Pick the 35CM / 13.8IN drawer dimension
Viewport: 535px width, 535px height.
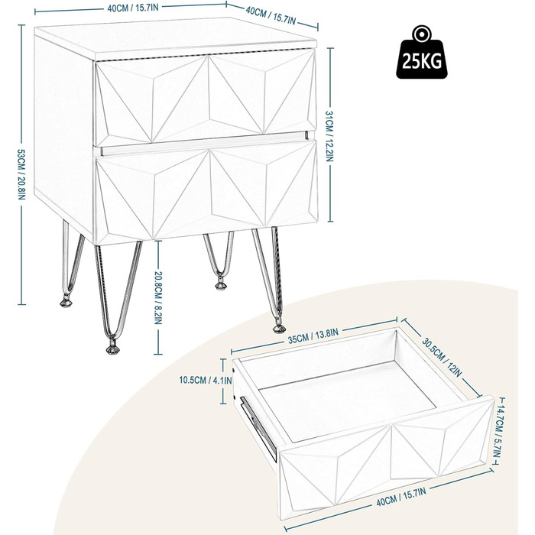pos(313,336)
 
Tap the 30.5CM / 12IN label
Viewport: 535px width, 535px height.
pos(443,357)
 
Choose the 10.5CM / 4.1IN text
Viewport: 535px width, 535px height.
pos(206,380)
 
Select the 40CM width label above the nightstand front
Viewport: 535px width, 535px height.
pos(134,8)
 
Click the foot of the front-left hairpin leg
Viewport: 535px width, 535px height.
pos(112,349)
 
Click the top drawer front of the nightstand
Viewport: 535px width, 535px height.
pos(205,99)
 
